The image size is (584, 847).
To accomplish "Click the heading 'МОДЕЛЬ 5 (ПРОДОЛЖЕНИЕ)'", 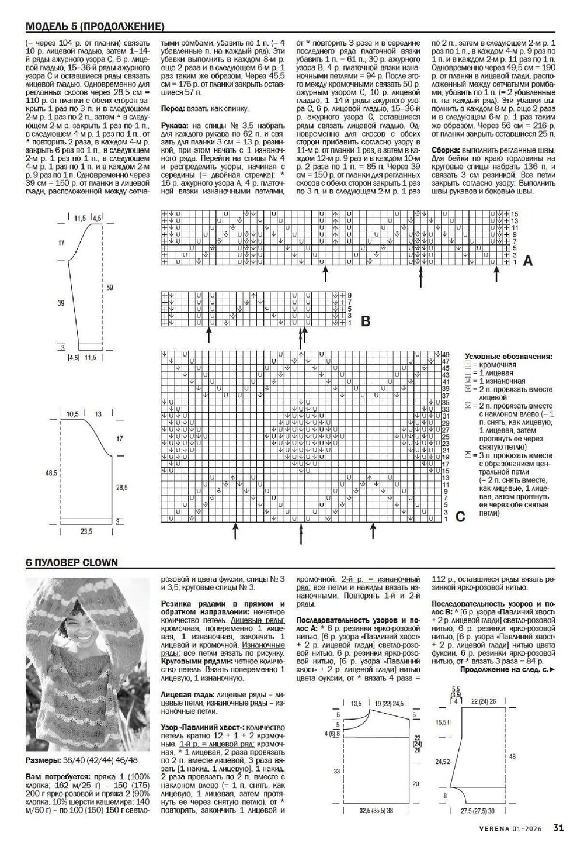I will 94,26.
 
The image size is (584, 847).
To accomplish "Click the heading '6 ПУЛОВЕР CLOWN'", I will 72,563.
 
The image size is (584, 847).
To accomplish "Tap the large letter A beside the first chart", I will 527,261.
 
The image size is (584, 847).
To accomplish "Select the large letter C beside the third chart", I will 460,517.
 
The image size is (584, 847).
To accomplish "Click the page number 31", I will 558,827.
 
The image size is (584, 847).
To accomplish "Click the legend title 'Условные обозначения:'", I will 509,356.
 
